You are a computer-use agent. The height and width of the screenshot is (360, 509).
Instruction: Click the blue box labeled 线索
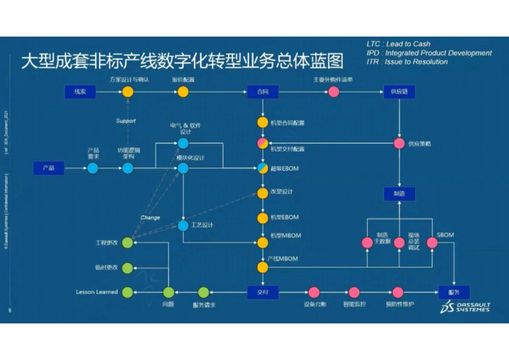80,92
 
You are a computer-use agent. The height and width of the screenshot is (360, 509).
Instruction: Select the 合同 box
263,92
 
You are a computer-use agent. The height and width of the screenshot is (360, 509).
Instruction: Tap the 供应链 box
399,92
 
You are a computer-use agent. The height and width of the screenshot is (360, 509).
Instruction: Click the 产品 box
49,168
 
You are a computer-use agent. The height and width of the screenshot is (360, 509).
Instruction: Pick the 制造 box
399,194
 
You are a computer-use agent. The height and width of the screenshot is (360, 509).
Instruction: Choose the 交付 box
263,292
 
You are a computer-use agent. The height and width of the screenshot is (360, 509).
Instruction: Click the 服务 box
454,292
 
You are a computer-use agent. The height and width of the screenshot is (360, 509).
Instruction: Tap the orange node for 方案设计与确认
128,92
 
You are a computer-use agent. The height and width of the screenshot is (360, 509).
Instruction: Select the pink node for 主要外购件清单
334,92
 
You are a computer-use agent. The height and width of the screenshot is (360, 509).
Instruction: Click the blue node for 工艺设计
183,226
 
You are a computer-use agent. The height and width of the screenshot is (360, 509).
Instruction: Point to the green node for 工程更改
127,243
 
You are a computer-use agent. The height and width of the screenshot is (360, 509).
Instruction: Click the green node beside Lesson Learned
127,292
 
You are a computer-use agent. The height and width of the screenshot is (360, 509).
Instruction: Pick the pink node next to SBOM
432,243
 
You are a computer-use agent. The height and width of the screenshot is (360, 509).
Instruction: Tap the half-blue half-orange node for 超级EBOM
263,168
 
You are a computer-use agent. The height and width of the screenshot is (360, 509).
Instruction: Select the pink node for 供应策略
399,143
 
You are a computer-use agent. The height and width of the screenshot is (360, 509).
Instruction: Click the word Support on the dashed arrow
126,121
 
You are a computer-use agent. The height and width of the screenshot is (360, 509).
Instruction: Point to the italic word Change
150,218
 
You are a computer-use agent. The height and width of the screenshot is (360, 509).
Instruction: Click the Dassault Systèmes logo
465,307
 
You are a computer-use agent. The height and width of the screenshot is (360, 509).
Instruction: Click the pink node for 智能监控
354,292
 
